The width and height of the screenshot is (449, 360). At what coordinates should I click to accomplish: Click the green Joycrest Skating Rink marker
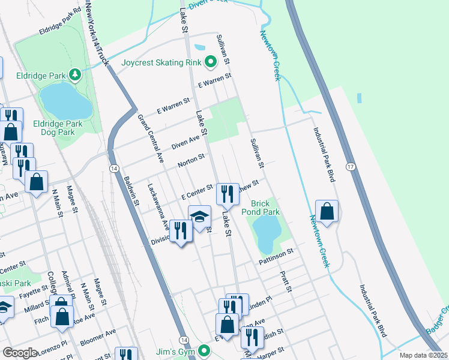210,61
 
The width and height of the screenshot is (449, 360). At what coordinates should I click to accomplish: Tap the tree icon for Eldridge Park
74,75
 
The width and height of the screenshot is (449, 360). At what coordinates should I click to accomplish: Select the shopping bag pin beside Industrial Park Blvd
327,211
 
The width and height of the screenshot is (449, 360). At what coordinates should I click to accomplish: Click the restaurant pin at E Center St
227,193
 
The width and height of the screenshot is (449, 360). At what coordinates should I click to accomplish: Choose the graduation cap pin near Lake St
200,216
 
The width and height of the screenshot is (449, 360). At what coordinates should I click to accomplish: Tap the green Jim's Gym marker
204,350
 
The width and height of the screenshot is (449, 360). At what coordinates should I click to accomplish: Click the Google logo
20,353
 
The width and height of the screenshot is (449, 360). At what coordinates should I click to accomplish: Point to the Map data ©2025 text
423,355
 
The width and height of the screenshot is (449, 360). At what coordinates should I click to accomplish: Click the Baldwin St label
131,190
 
